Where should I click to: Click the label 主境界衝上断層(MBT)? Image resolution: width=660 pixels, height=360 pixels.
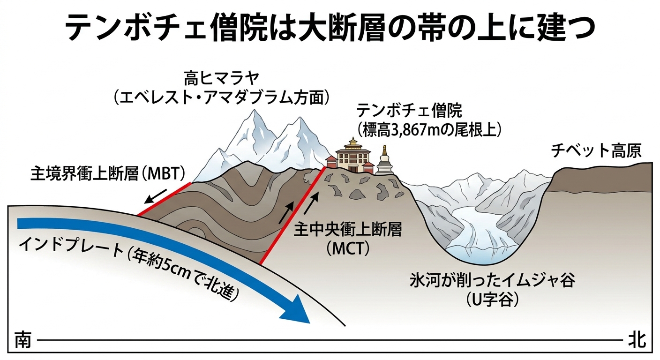(108, 173)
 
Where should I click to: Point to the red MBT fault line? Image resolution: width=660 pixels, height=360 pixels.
(164, 199)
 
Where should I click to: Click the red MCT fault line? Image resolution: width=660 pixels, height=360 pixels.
(292, 216)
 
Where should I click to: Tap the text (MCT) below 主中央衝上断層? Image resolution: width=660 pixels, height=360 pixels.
(348, 249)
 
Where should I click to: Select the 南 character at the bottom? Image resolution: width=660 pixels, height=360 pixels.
(23, 340)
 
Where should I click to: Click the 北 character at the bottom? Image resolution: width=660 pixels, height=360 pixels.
(637, 340)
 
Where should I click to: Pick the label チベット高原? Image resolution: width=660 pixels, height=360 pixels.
(596, 150)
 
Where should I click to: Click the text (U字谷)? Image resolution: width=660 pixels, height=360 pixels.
(492, 300)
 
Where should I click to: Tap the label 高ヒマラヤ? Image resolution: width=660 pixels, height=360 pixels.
(221, 78)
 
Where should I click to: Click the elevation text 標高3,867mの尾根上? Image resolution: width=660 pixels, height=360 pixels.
(429, 130)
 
